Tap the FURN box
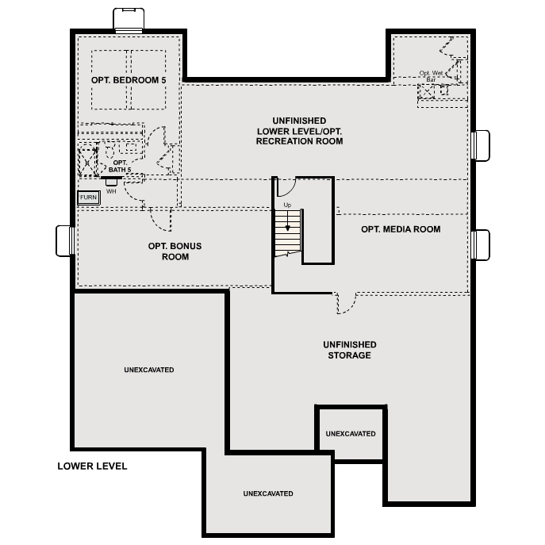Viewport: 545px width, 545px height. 88,197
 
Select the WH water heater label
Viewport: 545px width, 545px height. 110,191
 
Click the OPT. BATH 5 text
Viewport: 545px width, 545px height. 120,166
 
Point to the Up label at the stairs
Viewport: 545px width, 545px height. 287,205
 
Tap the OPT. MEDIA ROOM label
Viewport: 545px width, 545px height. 400,229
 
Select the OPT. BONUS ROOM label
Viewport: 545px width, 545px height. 175,251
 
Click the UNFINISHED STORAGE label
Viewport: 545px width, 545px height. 349,350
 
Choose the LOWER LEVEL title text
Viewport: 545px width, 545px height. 92,466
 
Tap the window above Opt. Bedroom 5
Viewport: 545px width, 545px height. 128,20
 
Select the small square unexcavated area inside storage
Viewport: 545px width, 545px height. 350,434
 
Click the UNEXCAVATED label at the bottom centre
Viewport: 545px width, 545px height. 268,493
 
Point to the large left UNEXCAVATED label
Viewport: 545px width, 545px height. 148,370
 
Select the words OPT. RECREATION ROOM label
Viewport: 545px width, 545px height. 299,136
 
